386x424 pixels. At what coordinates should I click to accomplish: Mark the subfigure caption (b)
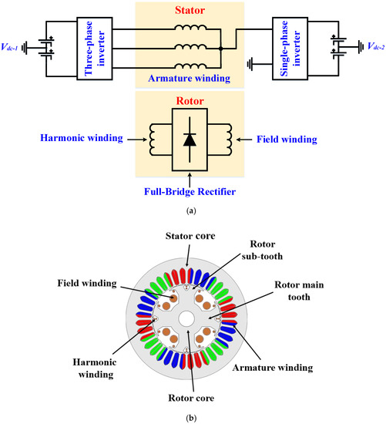(191, 416)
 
